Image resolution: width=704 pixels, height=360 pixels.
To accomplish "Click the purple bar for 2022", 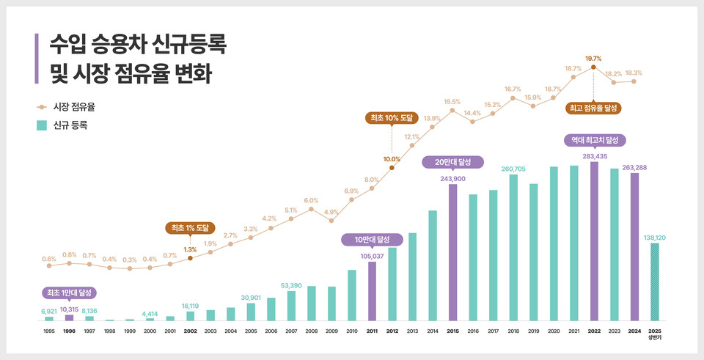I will [594, 241].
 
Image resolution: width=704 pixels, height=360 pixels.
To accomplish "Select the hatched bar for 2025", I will [655, 282].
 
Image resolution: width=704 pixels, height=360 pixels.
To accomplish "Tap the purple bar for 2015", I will [453, 252].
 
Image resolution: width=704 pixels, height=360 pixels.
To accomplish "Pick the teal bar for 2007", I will [291, 306].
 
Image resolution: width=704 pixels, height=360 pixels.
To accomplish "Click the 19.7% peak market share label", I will [593, 59].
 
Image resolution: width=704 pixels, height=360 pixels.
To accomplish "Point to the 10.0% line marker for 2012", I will [392, 168].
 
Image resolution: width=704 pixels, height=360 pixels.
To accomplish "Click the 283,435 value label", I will [594, 156].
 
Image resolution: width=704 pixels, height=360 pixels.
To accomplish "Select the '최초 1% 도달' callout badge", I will [190, 228].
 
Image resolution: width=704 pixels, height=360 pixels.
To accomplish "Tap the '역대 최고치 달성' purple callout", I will [594, 139].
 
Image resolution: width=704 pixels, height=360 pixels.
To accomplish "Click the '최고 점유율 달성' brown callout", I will [593, 108].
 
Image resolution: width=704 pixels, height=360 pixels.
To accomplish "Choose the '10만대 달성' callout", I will [372, 240].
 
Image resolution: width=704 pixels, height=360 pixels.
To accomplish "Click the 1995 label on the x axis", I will [48, 331].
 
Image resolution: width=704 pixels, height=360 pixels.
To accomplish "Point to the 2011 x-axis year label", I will [372, 331].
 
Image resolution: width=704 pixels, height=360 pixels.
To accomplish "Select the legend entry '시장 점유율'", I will [70, 107].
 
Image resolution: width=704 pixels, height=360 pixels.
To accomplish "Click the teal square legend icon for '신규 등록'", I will [42, 125].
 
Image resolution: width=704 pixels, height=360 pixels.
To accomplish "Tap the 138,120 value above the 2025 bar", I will [654, 238].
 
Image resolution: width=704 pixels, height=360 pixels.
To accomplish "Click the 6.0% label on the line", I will [311, 200].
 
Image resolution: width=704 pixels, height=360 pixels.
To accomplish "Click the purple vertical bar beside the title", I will [36, 58].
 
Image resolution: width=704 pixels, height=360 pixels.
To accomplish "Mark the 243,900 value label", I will [453, 178].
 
